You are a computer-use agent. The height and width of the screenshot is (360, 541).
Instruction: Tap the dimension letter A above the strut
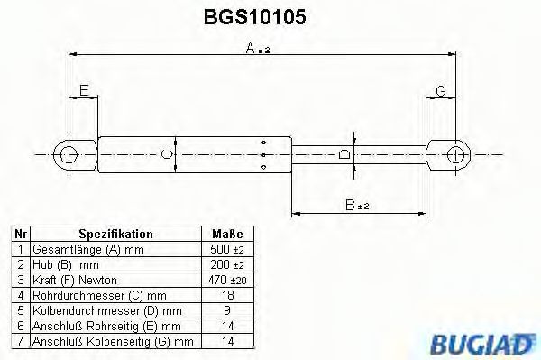click(252, 50)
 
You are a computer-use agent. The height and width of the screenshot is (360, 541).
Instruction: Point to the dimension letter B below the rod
click(351, 206)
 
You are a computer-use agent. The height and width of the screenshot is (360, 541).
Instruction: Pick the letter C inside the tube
click(165, 155)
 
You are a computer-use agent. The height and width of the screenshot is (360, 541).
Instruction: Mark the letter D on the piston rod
click(344, 155)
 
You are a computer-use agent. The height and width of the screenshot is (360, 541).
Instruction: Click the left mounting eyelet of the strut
click(69, 154)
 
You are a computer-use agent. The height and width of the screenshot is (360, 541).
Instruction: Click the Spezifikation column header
click(115, 234)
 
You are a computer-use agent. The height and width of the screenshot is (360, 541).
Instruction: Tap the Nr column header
click(20, 234)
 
